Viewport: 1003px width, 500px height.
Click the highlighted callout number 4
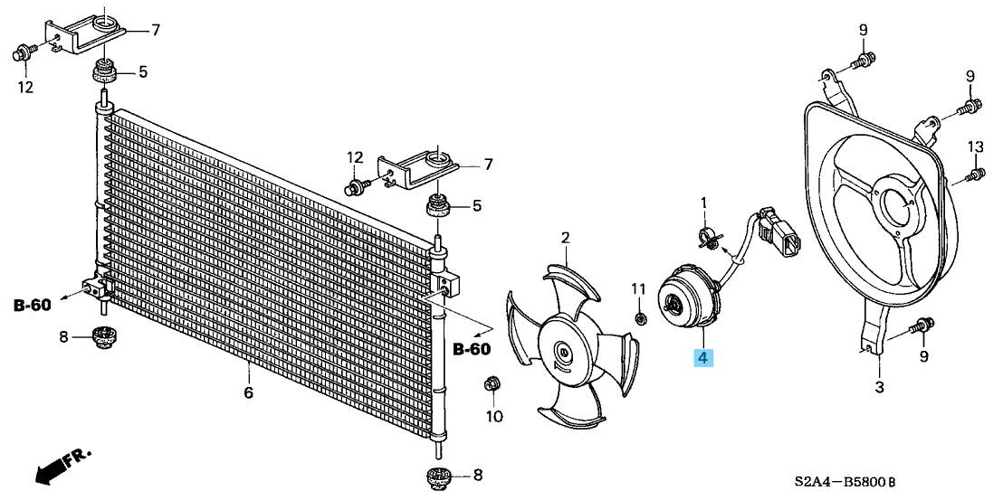tap(703, 359)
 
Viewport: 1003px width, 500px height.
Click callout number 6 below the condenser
tap(248, 392)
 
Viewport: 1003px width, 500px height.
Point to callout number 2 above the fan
tap(566, 239)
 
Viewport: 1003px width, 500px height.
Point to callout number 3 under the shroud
tap(879, 387)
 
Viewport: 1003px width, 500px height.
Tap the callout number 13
tap(974, 146)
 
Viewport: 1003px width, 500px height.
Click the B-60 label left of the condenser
tap(32, 306)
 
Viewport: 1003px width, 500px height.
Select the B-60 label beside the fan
tap(472, 349)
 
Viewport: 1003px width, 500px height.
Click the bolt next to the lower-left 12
tap(22, 53)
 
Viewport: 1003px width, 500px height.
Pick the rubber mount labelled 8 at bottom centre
tap(440, 477)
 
